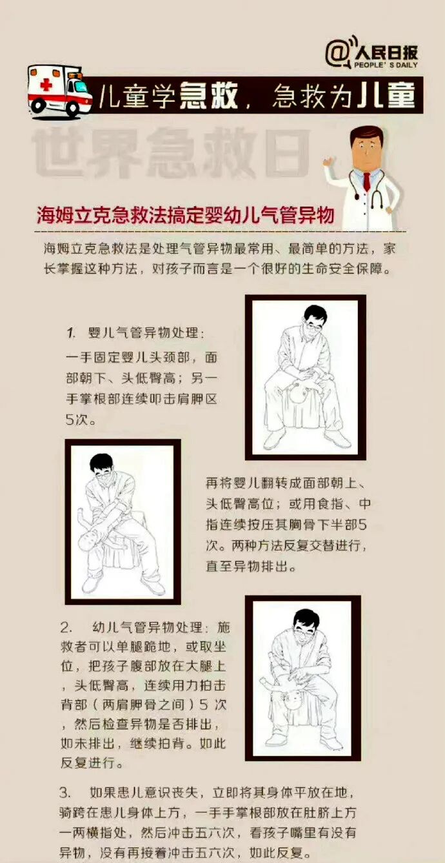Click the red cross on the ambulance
[x=46, y=85]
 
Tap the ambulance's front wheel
[x=71, y=108]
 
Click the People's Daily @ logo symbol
[x=337, y=53]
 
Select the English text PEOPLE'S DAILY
[x=386, y=65]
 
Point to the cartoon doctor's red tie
[x=367, y=181]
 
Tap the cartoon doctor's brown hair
[x=366, y=136]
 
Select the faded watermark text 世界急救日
[x=172, y=152]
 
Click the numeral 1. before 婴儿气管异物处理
[x=71, y=332]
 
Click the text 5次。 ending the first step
[x=81, y=420]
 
